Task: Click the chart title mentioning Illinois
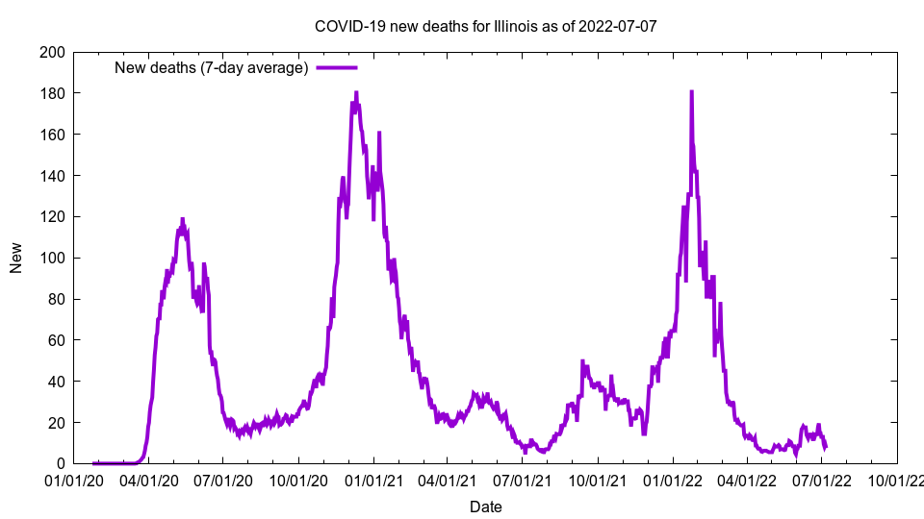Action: tap(486, 26)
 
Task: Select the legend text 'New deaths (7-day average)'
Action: tap(211, 67)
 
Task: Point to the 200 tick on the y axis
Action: tap(53, 52)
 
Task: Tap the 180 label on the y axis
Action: tap(53, 93)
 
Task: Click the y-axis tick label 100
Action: tap(53, 258)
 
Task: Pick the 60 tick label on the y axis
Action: tap(57, 340)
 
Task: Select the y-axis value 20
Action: tap(57, 423)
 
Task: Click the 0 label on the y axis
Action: tap(61, 464)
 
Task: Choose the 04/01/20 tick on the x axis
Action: tap(148, 480)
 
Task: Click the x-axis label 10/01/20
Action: tap(298, 480)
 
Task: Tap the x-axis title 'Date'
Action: tap(485, 507)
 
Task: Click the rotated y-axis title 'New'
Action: tap(16, 258)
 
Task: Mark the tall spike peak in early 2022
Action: tap(691, 92)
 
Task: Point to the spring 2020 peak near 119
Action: tap(182, 219)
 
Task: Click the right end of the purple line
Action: tap(825, 447)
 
